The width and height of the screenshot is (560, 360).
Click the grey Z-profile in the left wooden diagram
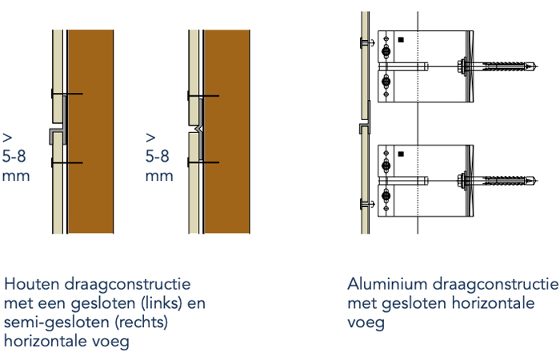(x=57, y=132)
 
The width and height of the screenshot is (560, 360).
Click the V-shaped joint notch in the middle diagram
(x=198, y=129)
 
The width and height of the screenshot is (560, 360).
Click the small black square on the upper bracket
(x=402, y=39)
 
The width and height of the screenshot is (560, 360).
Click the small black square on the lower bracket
(x=402, y=154)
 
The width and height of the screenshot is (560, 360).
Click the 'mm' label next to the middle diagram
(x=159, y=175)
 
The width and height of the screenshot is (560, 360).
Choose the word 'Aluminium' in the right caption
(x=382, y=285)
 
